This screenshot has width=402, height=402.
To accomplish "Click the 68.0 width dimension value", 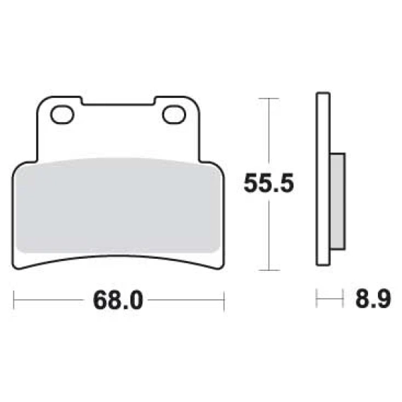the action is tap(118, 300).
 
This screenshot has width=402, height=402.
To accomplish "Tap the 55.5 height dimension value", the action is tap(269, 183).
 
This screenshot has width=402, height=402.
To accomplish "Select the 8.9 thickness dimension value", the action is tap(373, 299).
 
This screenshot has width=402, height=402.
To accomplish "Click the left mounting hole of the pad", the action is tap(62, 114).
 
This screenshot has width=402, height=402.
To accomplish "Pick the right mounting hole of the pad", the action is tap(174, 114).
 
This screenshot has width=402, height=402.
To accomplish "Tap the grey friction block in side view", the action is tap(337, 201).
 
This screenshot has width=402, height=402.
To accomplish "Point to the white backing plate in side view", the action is tap(323, 179).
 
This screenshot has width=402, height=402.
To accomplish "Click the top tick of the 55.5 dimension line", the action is tap(269, 98).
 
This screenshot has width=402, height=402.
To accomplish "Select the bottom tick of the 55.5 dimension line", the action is tap(269, 270).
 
